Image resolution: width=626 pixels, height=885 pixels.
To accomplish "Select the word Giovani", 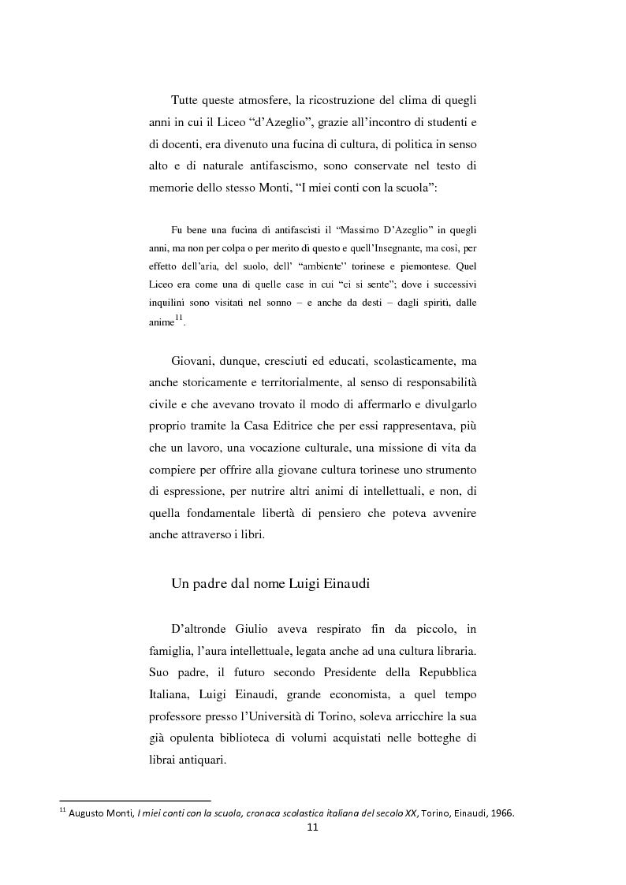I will pos(192,361).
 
